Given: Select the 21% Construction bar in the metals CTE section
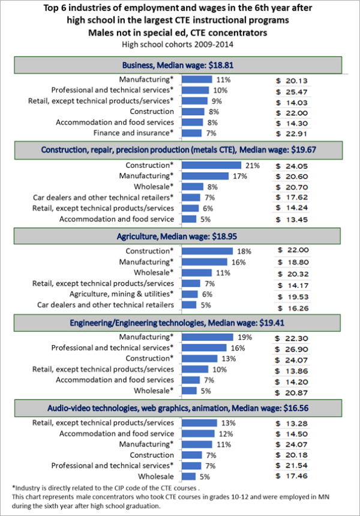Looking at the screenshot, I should tap(211, 165).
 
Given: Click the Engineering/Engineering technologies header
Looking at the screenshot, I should tap(178, 322).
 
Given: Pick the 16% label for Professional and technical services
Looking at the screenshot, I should tap(235, 348).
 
